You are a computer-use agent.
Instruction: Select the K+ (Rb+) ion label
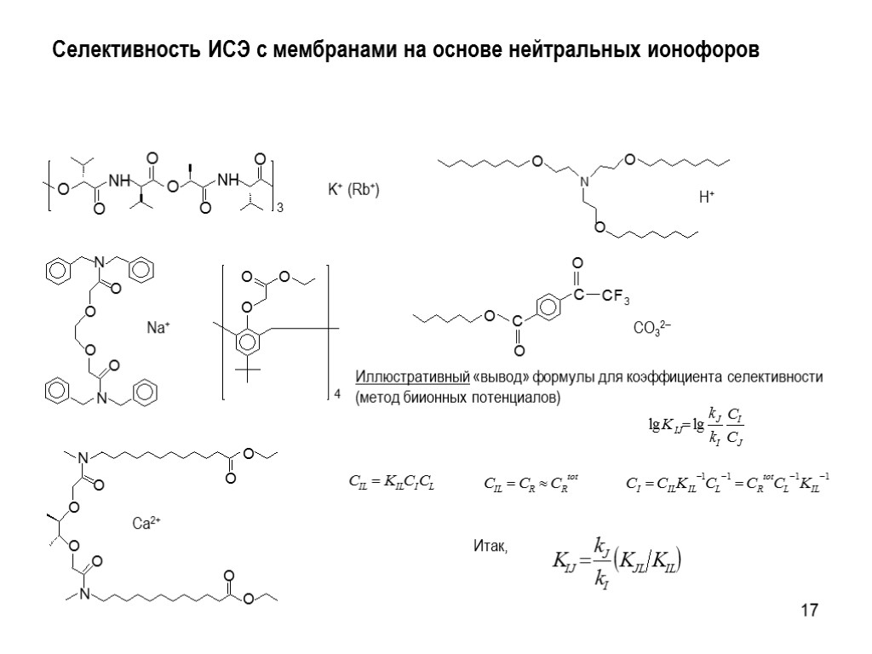coord(353,191)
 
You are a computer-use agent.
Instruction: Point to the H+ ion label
coord(706,198)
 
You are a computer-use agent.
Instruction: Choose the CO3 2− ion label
coord(652,328)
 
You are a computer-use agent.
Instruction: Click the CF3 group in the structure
coord(614,297)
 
